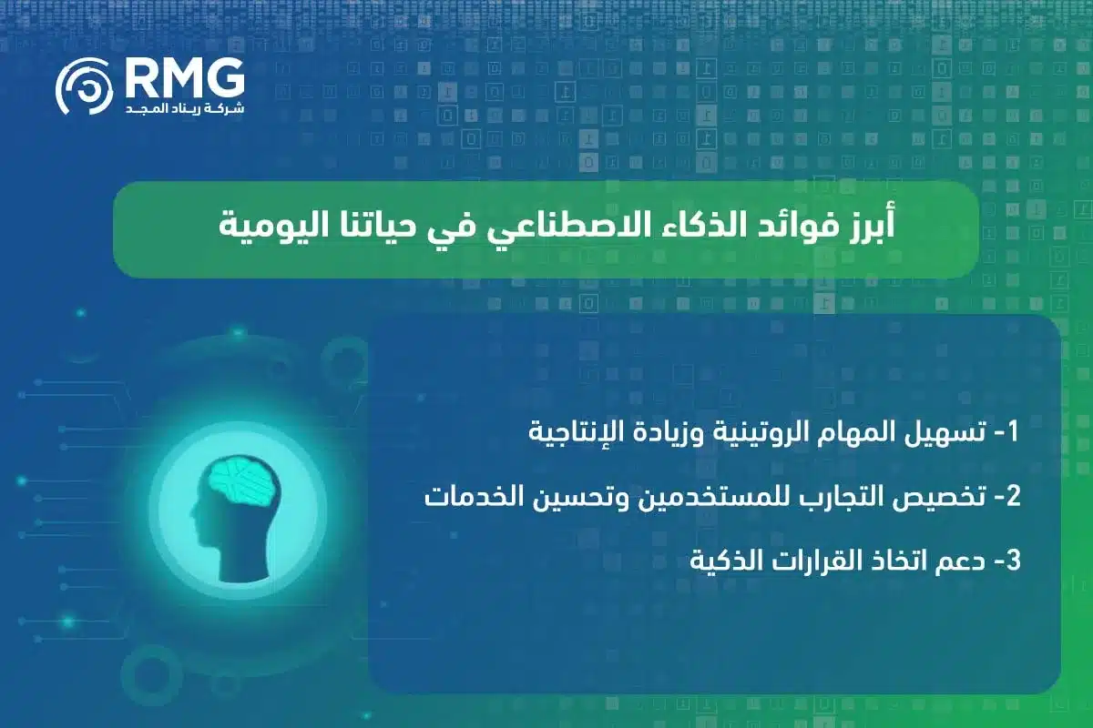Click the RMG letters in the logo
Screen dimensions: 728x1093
183,77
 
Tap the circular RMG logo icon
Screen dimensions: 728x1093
85,89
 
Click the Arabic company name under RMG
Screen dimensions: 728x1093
183,109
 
